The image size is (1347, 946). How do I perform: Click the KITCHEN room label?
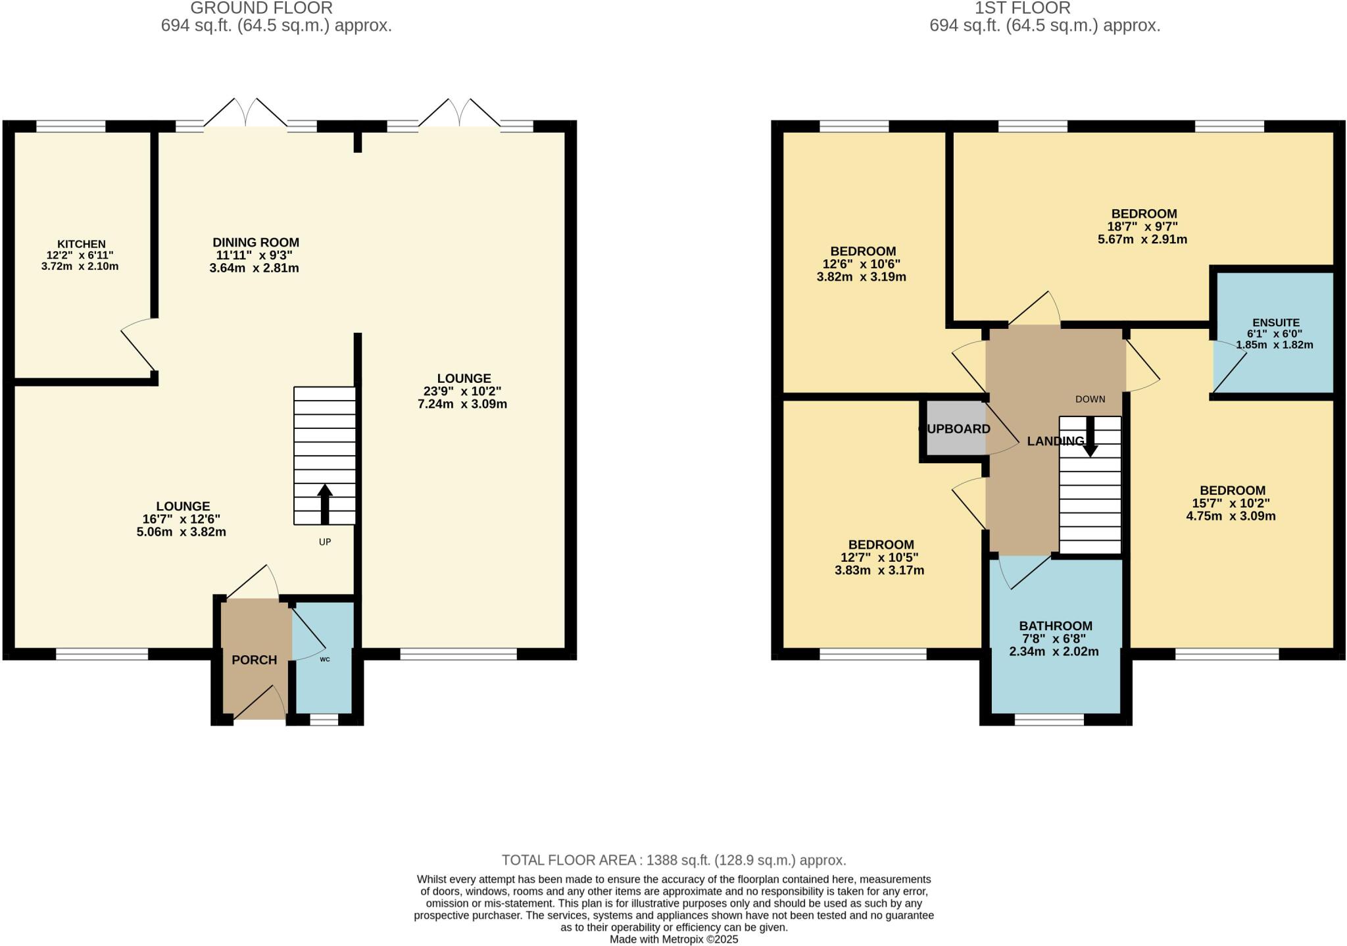coord(81,244)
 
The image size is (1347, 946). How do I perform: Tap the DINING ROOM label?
coord(255,243)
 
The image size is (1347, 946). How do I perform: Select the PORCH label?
coord(254,660)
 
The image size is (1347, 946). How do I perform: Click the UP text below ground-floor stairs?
coord(325,542)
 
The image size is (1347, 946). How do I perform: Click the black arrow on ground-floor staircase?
coord(325,504)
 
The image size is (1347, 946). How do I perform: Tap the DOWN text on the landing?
coord(1090,399)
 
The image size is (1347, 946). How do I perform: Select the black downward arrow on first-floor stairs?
coord(1090,437)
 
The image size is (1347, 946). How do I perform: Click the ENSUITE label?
coord(1275,322)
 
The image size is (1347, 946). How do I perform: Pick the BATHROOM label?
coord(1055,626)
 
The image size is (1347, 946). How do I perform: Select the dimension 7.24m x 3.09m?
coord(462,404)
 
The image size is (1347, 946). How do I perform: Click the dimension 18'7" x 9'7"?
coord(1143,226)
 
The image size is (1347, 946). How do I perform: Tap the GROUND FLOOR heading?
coord(261,8)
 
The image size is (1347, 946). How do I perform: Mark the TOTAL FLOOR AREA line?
coord(673,860)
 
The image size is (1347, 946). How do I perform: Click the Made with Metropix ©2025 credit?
coord(673,939)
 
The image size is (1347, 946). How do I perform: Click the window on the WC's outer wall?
coord(324,720)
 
